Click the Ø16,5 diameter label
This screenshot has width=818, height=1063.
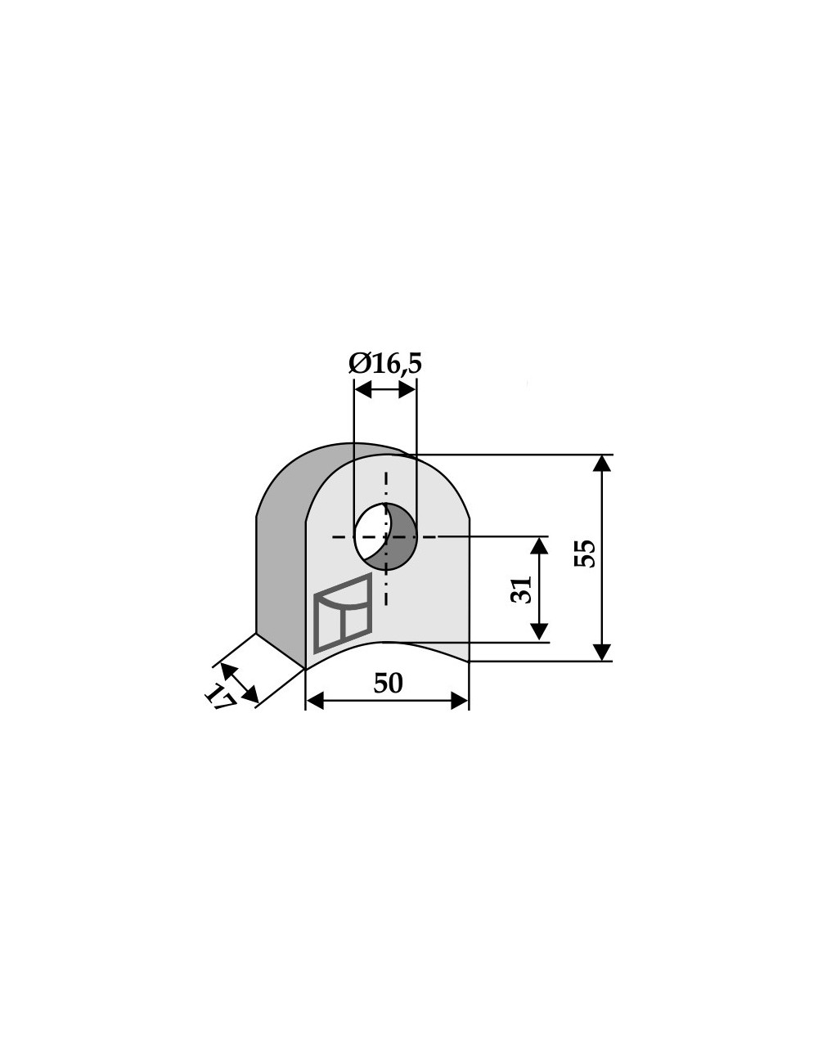click(x=384, y=364)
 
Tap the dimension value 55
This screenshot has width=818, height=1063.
click(x=585, y=554)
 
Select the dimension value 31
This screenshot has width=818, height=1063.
click(x=521, y=590)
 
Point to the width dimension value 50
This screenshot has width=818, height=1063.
click(x=388, y=683)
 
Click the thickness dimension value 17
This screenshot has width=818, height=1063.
click(x=220, y=696)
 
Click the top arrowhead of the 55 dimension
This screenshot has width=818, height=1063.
click(x=601, y=463)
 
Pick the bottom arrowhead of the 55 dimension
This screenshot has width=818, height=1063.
click(x=601, y=653)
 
